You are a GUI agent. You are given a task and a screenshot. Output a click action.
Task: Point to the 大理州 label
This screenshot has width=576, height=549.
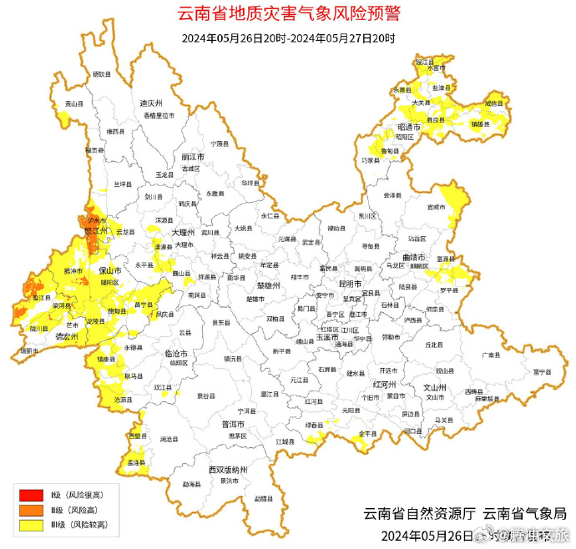click(x=182, y=233)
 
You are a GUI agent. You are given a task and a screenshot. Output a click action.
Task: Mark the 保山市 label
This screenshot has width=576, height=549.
click(x=110, y=272)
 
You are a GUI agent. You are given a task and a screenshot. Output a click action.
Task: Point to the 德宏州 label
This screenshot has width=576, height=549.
click(x=66, y=335)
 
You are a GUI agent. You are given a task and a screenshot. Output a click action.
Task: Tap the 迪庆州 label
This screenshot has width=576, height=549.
click(x=149, y=103)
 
